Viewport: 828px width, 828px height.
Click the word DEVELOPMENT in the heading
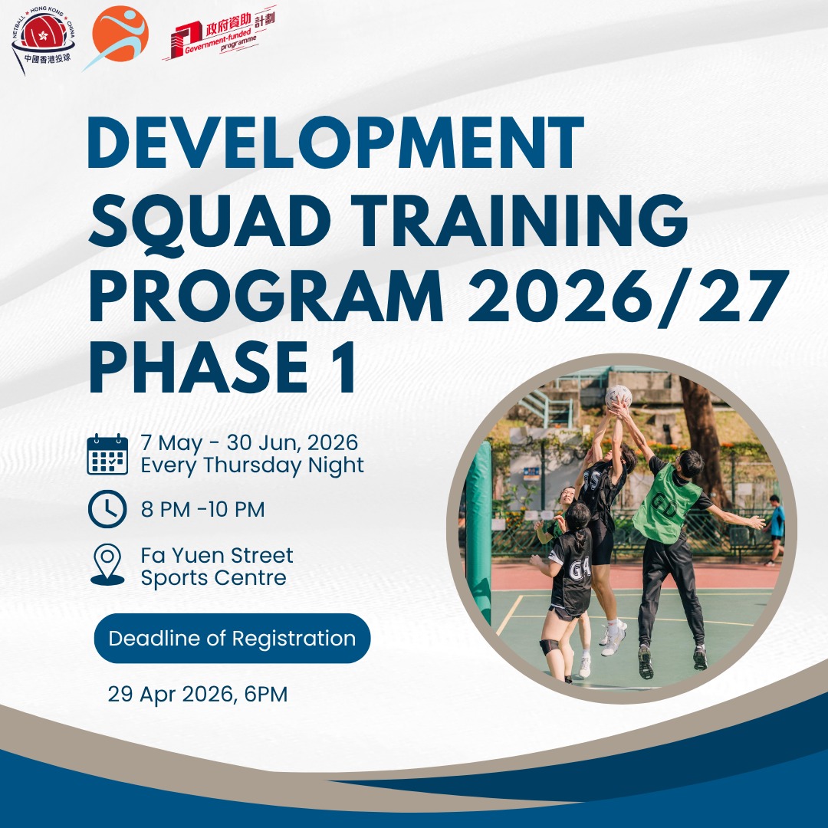pos(335,144)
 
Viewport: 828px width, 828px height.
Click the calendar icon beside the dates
pos(107,455)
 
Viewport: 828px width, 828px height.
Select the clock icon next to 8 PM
pos(107,509)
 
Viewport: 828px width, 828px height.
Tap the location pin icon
pos(107,565)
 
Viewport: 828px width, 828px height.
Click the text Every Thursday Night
pos(252,465)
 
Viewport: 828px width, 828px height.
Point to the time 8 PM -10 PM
pos(202,510)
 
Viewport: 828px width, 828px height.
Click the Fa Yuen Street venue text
pos(217,566)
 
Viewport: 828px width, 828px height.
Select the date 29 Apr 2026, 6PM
pos(198,695)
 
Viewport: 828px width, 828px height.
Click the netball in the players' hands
pos(619,396)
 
